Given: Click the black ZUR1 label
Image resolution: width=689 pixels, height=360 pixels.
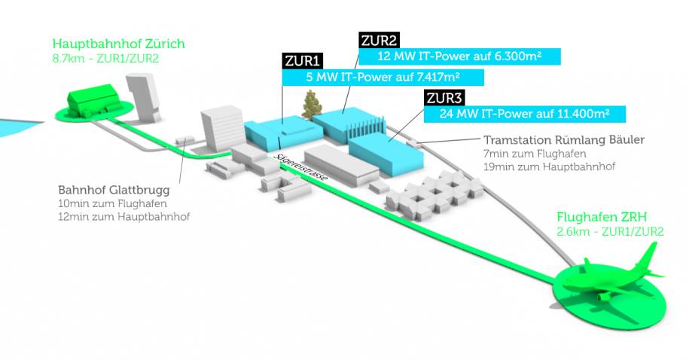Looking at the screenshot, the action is pyautogui.click(x=302, y=61).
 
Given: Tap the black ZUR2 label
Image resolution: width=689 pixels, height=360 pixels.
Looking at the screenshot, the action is pyautogui.click(x=380, y=41).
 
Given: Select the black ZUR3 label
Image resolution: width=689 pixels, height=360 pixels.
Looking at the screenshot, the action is pyautogui.click(x=444, y=98).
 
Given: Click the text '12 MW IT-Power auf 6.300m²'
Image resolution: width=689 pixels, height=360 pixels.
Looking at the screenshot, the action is pyautogui.click(x=459, y=56).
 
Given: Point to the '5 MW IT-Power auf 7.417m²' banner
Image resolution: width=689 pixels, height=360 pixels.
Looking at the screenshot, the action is pyautogui.click(x=383, y=78).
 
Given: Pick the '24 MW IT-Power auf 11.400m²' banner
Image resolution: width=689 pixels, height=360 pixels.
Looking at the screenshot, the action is pyautogui.click(x=525, y=114).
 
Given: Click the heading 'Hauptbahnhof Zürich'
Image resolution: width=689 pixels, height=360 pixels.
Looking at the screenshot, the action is pyautogui.click(x=119, y=44).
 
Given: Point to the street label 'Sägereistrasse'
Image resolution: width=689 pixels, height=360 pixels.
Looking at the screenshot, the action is pyautogui.click(x=300, y=167).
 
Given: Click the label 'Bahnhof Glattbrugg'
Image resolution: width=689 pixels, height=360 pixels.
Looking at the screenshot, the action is pyautogui.click(x=114, y=191).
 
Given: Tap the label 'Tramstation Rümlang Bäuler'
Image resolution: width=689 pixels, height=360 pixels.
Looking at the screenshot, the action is pyautogui.click(x=564, y=140).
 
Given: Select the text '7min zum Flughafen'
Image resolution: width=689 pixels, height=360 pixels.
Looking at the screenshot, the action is pyautogui.click(x=535, y=154).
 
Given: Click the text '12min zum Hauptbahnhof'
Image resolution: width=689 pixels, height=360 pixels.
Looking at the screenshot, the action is pyautogui.click(x=124, y=217).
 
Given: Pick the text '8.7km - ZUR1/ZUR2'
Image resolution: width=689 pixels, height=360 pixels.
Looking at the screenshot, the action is pyautogui.click(x=105, y=59).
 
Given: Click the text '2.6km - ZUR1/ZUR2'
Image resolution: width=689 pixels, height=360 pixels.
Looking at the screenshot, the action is pyautogui.click(x=610, y=232).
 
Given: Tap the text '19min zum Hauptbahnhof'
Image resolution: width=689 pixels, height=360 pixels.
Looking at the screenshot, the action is pyautogui.click(x=549, y=166).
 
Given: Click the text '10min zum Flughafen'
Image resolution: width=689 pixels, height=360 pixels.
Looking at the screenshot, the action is pyautogui.click(x=112, y=204).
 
